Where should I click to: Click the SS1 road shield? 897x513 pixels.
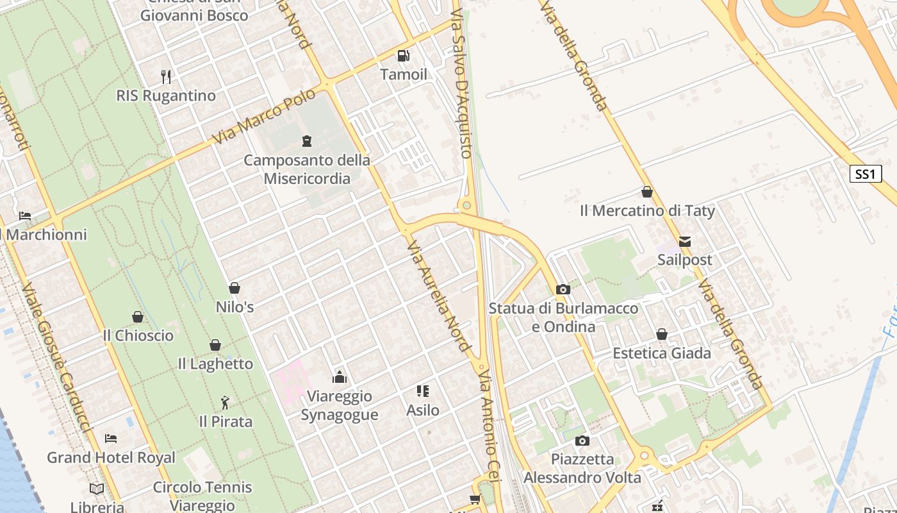pos(865,174)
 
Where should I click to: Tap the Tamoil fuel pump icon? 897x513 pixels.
pos(403,56)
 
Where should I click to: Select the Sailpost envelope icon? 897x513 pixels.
pos(685,242)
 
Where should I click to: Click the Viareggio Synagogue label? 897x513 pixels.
pos(340,405)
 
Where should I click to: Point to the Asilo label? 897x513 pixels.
pos(423,410)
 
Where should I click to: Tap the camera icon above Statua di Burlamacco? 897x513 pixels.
pos(563,290)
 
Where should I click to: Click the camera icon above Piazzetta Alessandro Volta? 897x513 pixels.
pos(582,441)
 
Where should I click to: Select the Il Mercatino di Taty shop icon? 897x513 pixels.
pos(647,192)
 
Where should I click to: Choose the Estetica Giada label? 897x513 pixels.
pos(662,353)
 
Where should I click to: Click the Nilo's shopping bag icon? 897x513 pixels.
pos(235,289)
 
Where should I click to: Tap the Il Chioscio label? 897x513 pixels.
pos(138,335)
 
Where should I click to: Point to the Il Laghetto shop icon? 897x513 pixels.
pos(215,345)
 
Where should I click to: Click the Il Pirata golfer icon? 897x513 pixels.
pos(225,403)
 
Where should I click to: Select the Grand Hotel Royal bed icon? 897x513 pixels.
pos(111,439)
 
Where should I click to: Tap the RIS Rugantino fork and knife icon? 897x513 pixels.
pos(166,77)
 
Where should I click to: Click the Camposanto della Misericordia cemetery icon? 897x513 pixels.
pos(307,140)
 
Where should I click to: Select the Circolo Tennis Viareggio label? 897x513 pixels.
pos(202,496)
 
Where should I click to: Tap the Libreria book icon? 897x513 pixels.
pos(97,489)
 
